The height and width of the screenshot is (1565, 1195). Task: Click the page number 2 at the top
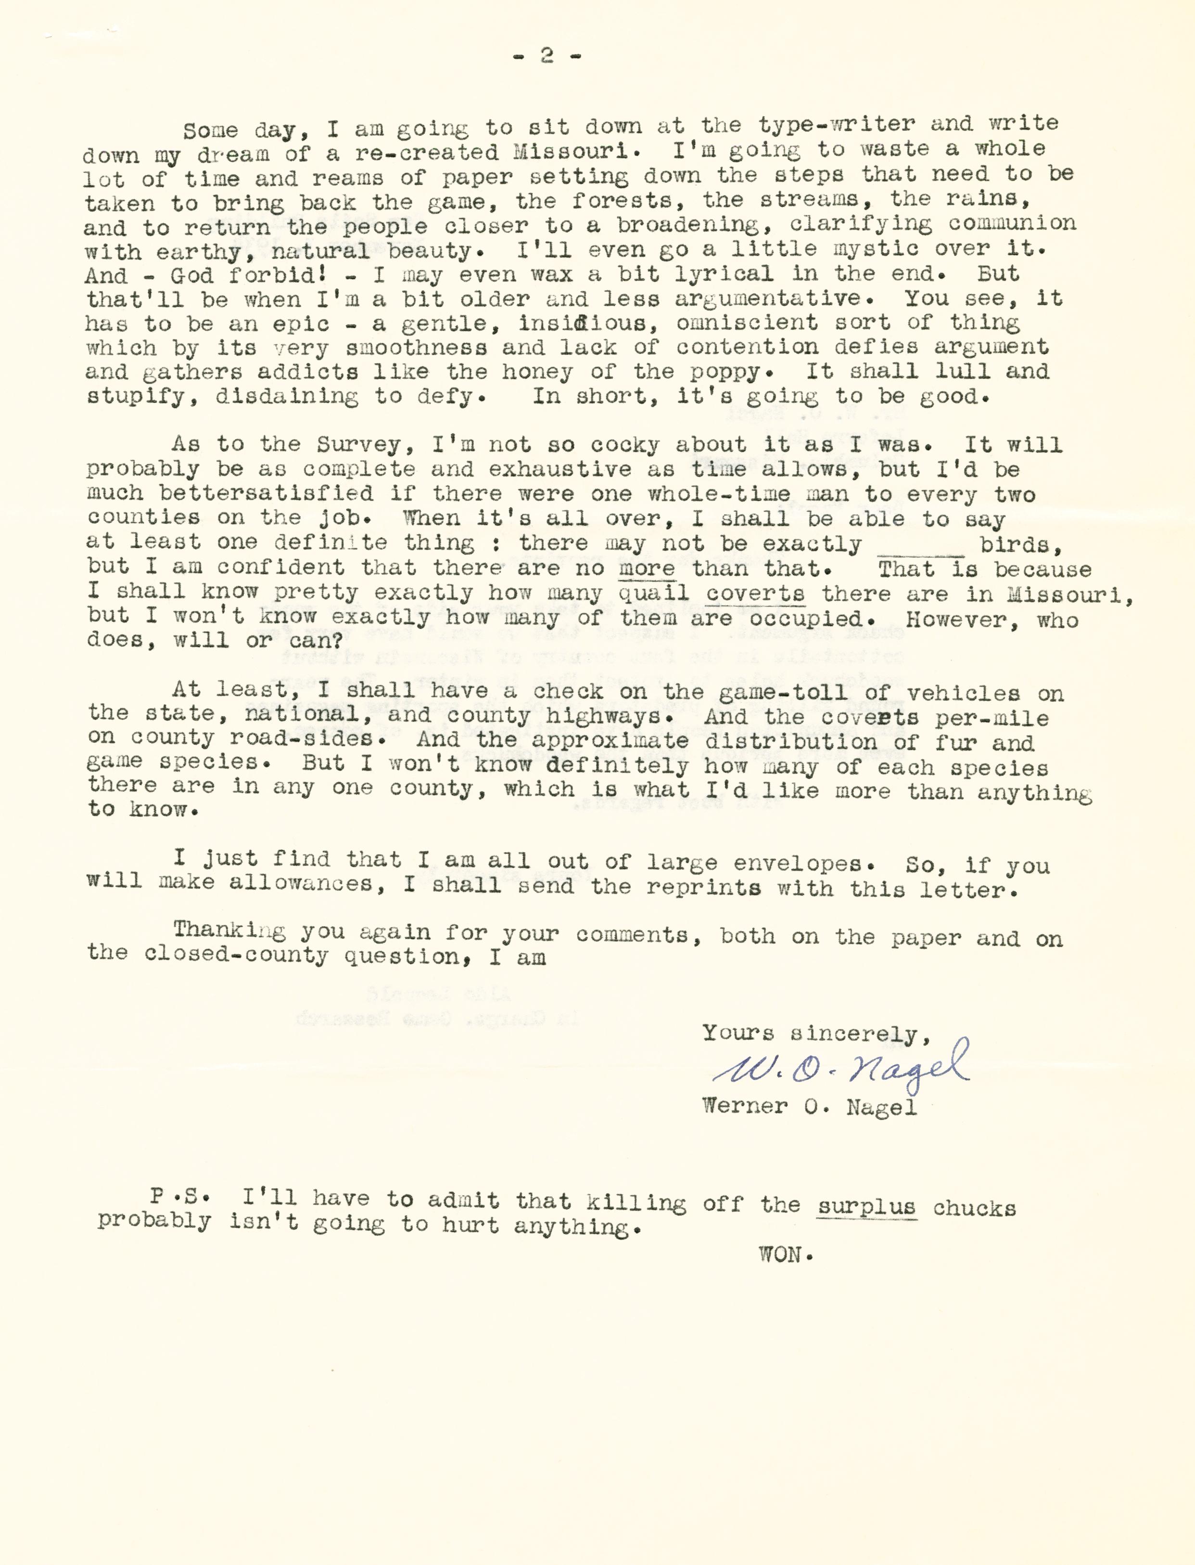pos(547,55)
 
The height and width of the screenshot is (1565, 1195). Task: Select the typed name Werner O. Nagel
pos(809,1107)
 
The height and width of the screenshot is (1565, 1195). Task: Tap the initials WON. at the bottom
pos(785,1255)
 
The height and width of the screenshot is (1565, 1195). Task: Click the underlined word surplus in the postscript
pos(866,1207)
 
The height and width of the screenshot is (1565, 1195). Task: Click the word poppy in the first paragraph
pos(729,372)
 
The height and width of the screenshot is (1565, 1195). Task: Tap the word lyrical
pos(724,274)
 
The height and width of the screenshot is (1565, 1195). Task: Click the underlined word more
pos(647,569)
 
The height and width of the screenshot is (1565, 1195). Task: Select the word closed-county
pos(236,955)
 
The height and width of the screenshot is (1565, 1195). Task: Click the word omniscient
pos(747,323)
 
